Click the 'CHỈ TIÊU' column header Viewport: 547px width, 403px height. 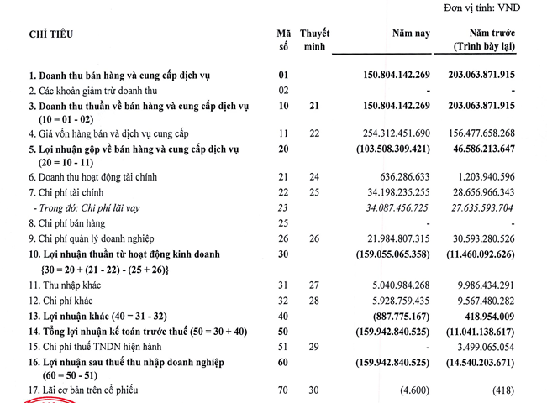(x=51, y=34)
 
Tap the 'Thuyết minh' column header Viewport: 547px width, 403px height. (x=314, y=40)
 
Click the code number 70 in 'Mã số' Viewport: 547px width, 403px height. (x=283, y=390)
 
